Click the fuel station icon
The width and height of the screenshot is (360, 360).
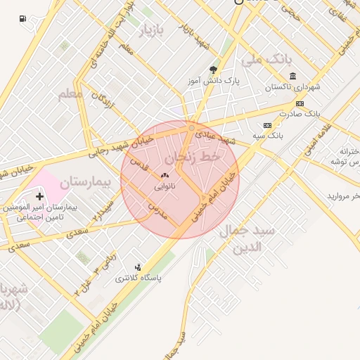25,18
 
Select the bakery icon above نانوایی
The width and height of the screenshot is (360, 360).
165,176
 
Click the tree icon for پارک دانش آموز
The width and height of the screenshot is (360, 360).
212,69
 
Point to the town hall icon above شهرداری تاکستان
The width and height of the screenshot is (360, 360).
292,76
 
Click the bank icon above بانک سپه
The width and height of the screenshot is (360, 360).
266,124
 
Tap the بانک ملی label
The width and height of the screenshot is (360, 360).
269,60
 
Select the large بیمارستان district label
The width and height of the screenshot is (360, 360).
85,183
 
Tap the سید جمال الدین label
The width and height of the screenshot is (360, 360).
240,239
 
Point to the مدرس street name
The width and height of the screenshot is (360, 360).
157,210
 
